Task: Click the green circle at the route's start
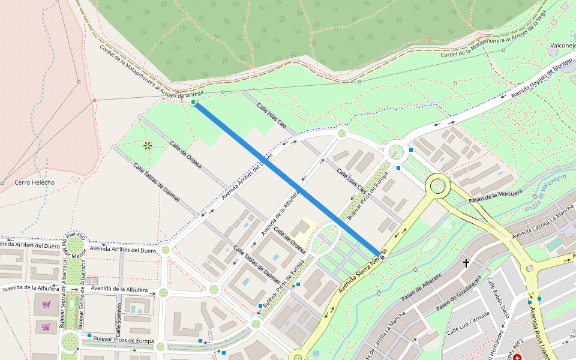click(x=193, y=103)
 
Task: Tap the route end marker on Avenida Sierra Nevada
click(x=382, y=257)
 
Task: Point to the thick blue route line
click(x=288, y=180)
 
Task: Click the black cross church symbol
click(x=466, y=263)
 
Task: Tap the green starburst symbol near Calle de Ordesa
click(x=147, y=145)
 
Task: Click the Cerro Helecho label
click(x=34, y=182)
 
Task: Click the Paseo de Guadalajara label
click(x=459, y=294)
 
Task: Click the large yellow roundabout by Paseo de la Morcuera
click(x=437, y=186)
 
